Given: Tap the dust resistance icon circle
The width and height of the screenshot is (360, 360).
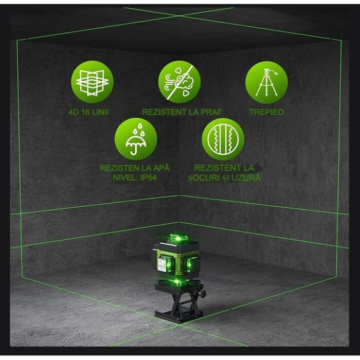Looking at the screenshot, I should click(x=179, y=82).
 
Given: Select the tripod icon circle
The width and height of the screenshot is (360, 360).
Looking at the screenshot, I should click(x=266, y=82).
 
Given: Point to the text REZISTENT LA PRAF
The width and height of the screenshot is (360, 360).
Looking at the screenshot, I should click(x=178, y=112).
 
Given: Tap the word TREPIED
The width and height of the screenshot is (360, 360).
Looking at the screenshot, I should click(x=266, y=112).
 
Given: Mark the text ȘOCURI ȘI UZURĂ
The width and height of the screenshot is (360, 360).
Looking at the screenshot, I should click(x=224, y=177).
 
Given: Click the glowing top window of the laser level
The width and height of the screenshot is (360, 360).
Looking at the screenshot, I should click(x=175, y=239).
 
